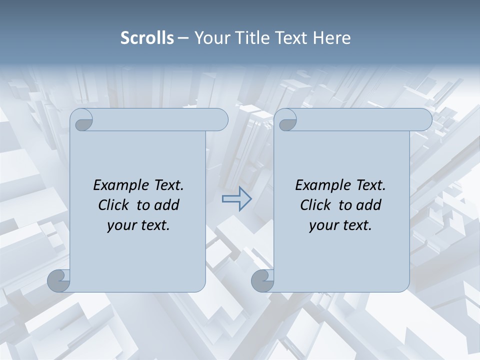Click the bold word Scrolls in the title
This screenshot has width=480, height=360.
(147, 38)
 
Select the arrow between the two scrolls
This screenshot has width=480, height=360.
(236, 199)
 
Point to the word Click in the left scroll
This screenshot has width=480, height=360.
(113, 205)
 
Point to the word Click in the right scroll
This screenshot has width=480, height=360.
(315, 205)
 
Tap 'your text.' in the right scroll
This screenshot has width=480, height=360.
(340, 225)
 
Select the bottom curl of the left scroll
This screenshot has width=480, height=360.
(58, 280)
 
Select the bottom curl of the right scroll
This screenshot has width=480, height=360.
(262, 280)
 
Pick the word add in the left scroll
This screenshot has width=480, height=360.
(167, 205)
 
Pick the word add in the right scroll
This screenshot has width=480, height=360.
(369, 205)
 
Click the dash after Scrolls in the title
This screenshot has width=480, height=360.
(183, 38)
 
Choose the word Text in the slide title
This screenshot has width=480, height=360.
(290, 38)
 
